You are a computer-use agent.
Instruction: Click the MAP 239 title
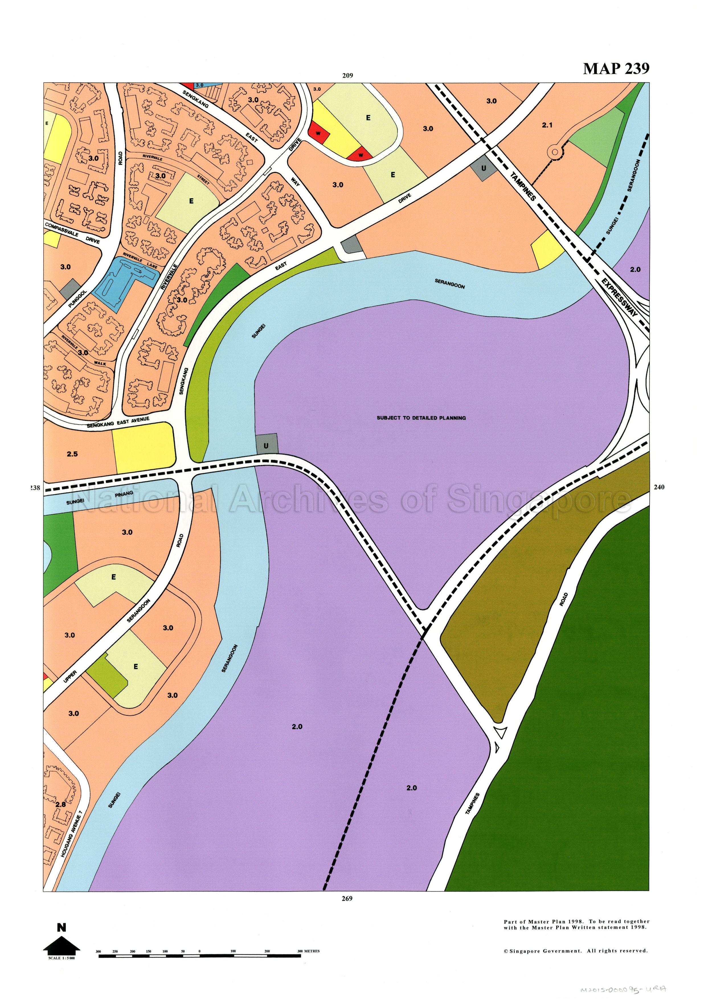point(616,69)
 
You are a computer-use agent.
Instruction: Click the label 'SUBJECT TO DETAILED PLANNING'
point(421,417)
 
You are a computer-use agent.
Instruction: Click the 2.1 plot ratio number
point(547,125)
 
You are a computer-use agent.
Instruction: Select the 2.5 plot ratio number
point(72,454)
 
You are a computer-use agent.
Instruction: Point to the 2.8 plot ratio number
point(60,804)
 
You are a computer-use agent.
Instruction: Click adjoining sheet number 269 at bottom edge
point(347,899)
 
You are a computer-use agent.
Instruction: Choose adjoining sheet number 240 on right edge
point(659,487)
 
